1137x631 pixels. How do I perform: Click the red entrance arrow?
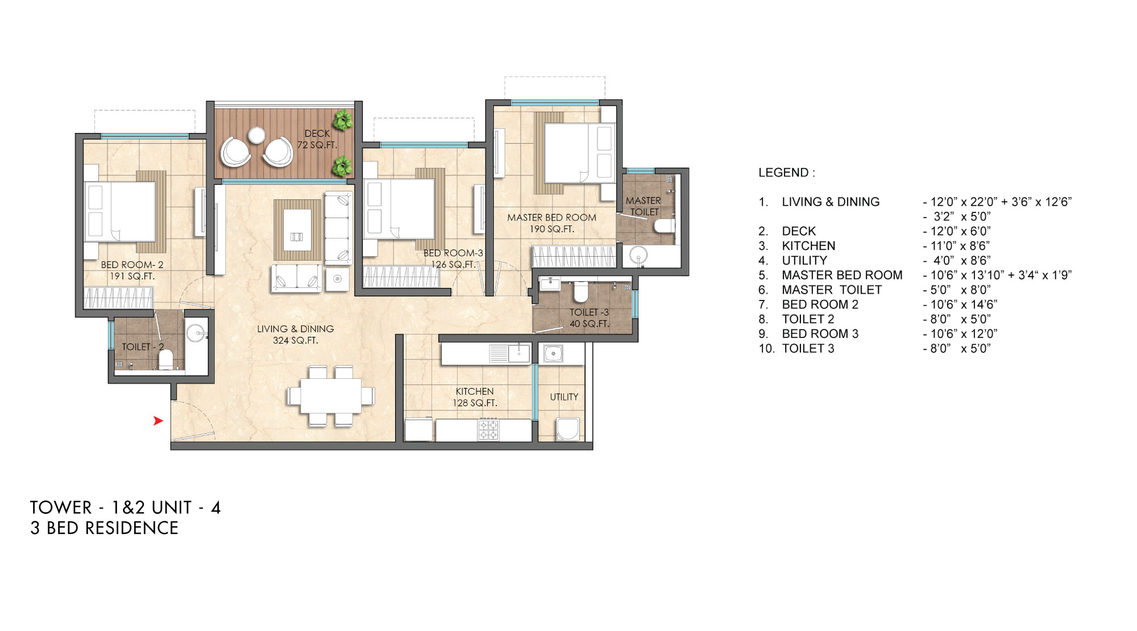coord(158,421)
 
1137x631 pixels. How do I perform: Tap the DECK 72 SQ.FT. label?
coord(317,139)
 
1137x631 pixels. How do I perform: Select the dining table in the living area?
coord(331,396)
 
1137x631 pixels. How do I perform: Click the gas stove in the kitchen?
coord(488,429)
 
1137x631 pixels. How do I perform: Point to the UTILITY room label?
coord(564,397)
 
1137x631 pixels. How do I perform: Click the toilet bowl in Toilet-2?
coord(165,360)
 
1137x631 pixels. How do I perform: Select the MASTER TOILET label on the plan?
coord(643,206)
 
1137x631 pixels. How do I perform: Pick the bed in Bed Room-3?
coord(400,208)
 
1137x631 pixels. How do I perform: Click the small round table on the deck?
coord(256,135)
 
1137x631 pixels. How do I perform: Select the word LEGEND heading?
coord(786,173)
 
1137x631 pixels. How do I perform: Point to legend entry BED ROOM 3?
coord(820,334)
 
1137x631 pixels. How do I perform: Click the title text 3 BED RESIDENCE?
coord(105,528)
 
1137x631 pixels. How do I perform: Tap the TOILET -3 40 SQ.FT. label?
coord(589,318)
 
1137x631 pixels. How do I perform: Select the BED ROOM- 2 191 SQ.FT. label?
coord(132,270)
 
